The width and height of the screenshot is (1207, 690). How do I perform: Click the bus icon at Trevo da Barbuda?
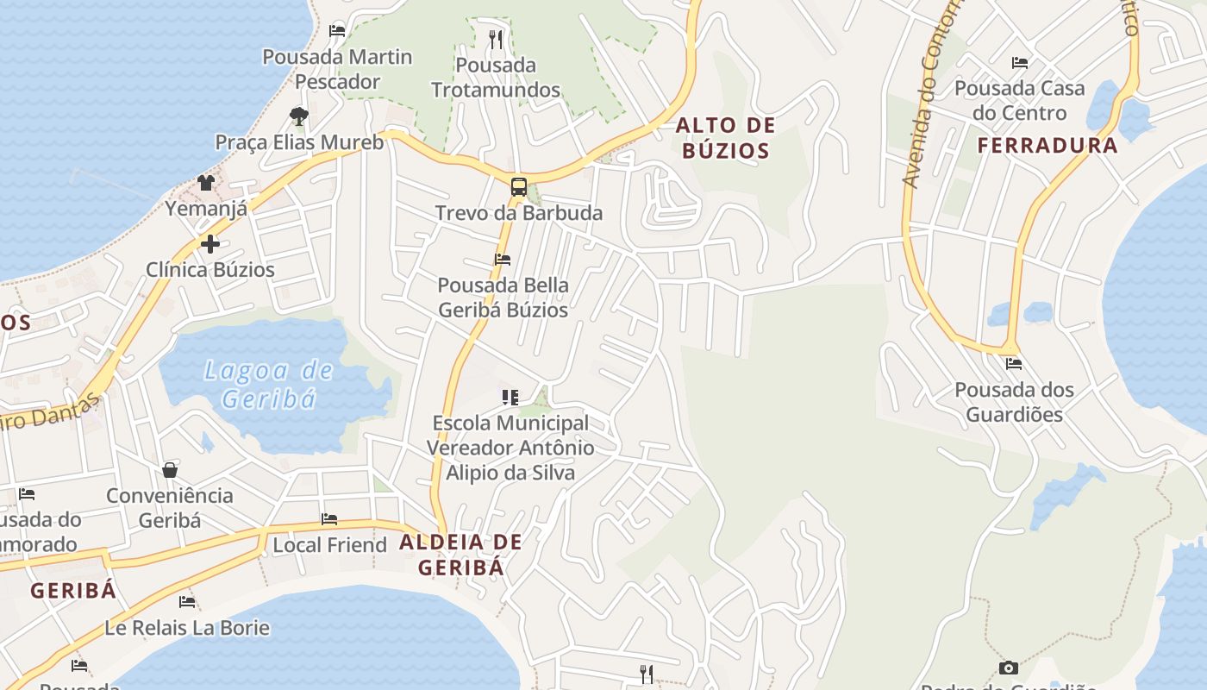518,186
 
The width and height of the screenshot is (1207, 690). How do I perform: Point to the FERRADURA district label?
1048,145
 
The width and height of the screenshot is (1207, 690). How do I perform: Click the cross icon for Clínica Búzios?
210,244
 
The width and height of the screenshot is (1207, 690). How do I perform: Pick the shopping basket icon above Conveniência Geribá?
170,470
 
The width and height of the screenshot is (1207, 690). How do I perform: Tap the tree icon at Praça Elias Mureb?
298,116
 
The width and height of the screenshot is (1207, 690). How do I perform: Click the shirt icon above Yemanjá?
206,183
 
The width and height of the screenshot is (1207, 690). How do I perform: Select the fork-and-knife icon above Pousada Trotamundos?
495,39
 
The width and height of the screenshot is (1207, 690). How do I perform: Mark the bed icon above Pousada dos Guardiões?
1013,364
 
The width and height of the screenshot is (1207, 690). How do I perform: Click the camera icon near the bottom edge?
1008,668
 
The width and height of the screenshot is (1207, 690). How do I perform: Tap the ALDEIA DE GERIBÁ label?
460,555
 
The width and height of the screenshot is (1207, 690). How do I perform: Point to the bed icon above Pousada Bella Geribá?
503,259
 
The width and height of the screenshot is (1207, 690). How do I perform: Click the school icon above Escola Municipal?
510,398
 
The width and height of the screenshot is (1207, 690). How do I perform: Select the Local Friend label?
329,545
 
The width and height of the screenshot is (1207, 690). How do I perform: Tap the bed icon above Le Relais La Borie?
187,601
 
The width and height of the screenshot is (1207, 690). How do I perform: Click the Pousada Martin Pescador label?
337,69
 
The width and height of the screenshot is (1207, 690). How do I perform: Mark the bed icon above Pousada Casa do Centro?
1019,62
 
